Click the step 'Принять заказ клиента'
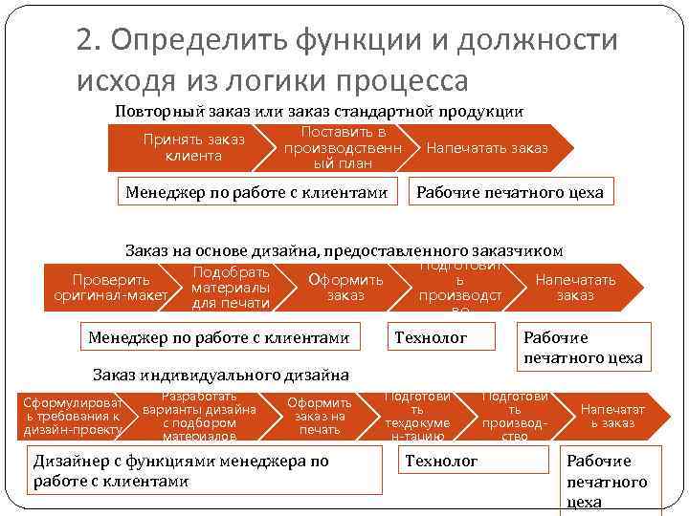(x=193, y=147)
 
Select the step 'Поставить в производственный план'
(x=342, y=147)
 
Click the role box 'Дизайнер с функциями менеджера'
(x=183, y=471)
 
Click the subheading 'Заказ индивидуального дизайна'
(x=220, y=374)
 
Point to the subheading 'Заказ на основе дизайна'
(x=344, y=250)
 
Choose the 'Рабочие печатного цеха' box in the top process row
(x=510, y=192)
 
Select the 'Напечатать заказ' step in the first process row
(x=488, y=147)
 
